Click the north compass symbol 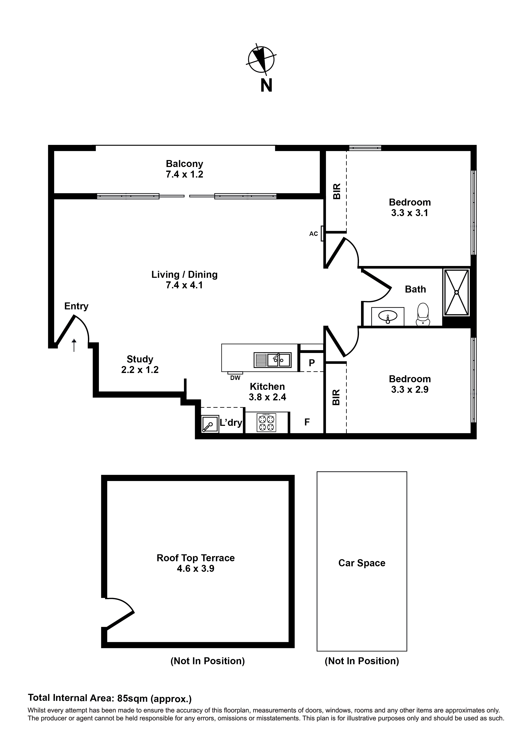[x=261, y=60]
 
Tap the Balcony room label [x=184, y=164]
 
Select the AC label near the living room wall [x=313, y=234]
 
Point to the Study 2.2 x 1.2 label [x=140, y=364]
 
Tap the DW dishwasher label [x=235, y=378]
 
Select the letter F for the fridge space [x=307, y=422]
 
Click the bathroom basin [x=388, y=317]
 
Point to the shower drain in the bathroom [x=456, y=293]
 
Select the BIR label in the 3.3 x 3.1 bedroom [x=336, y=191]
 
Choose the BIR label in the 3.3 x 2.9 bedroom [x=336, y=397]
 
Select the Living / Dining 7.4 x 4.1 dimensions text [x=184, y=285]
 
